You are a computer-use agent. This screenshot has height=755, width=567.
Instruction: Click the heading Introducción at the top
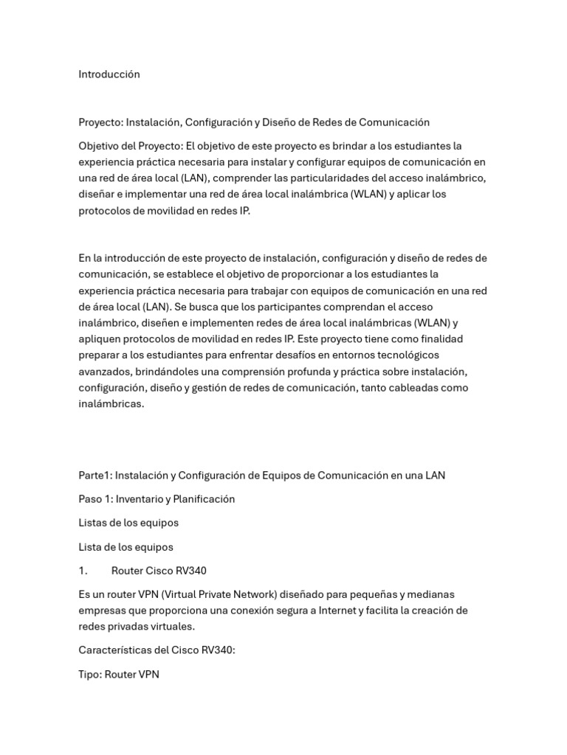(109, 74)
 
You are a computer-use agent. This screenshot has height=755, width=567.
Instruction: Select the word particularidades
(316, 178)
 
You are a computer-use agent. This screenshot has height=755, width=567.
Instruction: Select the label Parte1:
(94, 476)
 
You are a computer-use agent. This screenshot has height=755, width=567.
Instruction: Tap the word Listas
(94, 523)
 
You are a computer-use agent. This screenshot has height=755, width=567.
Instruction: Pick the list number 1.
(83, 571)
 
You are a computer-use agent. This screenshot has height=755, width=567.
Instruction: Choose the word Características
(114, 650)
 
